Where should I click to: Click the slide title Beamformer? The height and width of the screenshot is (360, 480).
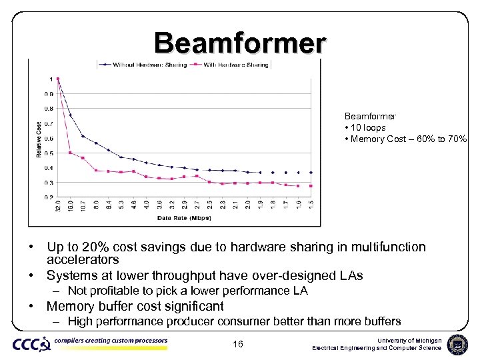[x=240, y=43]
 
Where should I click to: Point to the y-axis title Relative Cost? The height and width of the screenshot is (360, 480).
[x=39, y=139]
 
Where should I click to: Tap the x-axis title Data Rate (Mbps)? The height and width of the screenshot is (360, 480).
[x=183, y=217]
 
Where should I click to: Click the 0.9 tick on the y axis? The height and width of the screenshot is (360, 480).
[x=50, y=94]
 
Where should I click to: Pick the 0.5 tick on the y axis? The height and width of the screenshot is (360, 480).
[x=50, y=153]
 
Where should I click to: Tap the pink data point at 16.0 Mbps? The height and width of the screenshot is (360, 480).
[x=70, y=153]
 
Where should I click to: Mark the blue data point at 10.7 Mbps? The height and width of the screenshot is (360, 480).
[x=83, y=136]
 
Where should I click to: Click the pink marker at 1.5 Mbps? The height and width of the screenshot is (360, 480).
[x=311, y=186]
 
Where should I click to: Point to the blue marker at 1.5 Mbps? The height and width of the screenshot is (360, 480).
[x=311, y=172]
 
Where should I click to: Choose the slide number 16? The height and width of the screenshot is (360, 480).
[x=239, y=344]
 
